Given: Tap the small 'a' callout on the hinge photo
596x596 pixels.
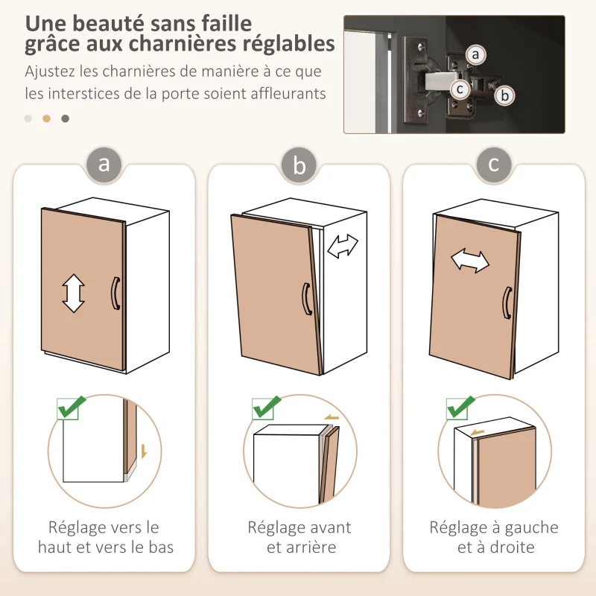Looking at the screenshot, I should tap(476, 54).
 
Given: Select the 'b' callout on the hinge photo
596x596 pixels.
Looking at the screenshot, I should tap(504, 95).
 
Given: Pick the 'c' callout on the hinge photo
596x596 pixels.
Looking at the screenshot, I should tap(460, 89).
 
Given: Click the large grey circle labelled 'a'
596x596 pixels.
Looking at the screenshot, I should tap(104, 164).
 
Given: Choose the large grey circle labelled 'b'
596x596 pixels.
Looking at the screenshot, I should tap(299, 165).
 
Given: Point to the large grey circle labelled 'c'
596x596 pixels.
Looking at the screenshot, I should tap(494, 164).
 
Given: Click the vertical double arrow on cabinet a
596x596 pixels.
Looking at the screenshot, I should tap(73, 293).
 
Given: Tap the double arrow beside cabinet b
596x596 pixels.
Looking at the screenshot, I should tap(343, 247).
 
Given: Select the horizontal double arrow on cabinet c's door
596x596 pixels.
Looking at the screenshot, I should tap(470, 261).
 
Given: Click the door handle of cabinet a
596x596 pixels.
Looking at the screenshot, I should tap(115, 293).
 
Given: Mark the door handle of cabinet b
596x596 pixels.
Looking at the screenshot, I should tap(305, 299).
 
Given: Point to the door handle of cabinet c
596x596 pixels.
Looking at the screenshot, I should tap(506, 303).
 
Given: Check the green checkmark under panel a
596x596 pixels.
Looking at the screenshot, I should tap(72, 408).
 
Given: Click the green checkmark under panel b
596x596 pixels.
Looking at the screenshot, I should tap(266, 408).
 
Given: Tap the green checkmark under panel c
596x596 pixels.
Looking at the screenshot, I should tap(461, 408).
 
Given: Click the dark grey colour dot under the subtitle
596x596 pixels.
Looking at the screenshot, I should tap(66, 118).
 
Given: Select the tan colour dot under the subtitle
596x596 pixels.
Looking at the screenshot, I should tap(46, 118).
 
